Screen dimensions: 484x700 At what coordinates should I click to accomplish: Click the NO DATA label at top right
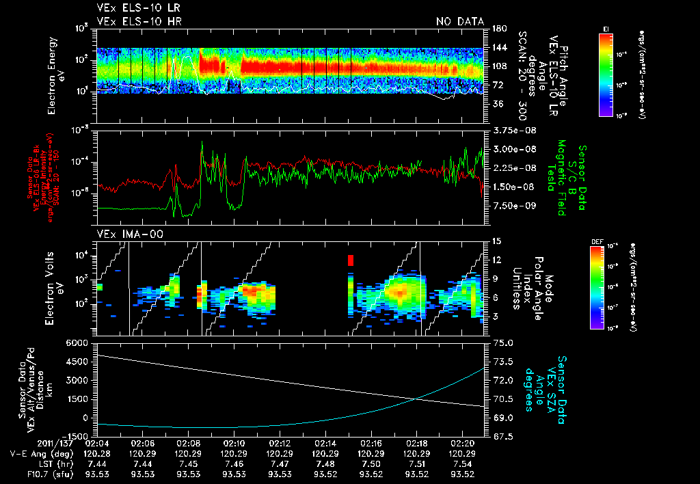(459, 22)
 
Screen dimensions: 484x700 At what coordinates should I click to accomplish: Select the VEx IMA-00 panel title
(124, 234)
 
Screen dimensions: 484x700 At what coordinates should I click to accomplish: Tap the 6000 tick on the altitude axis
(77, 342)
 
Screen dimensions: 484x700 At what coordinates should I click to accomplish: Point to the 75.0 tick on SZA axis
(503, 342)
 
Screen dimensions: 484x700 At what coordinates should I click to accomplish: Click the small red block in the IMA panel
(351, 260)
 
